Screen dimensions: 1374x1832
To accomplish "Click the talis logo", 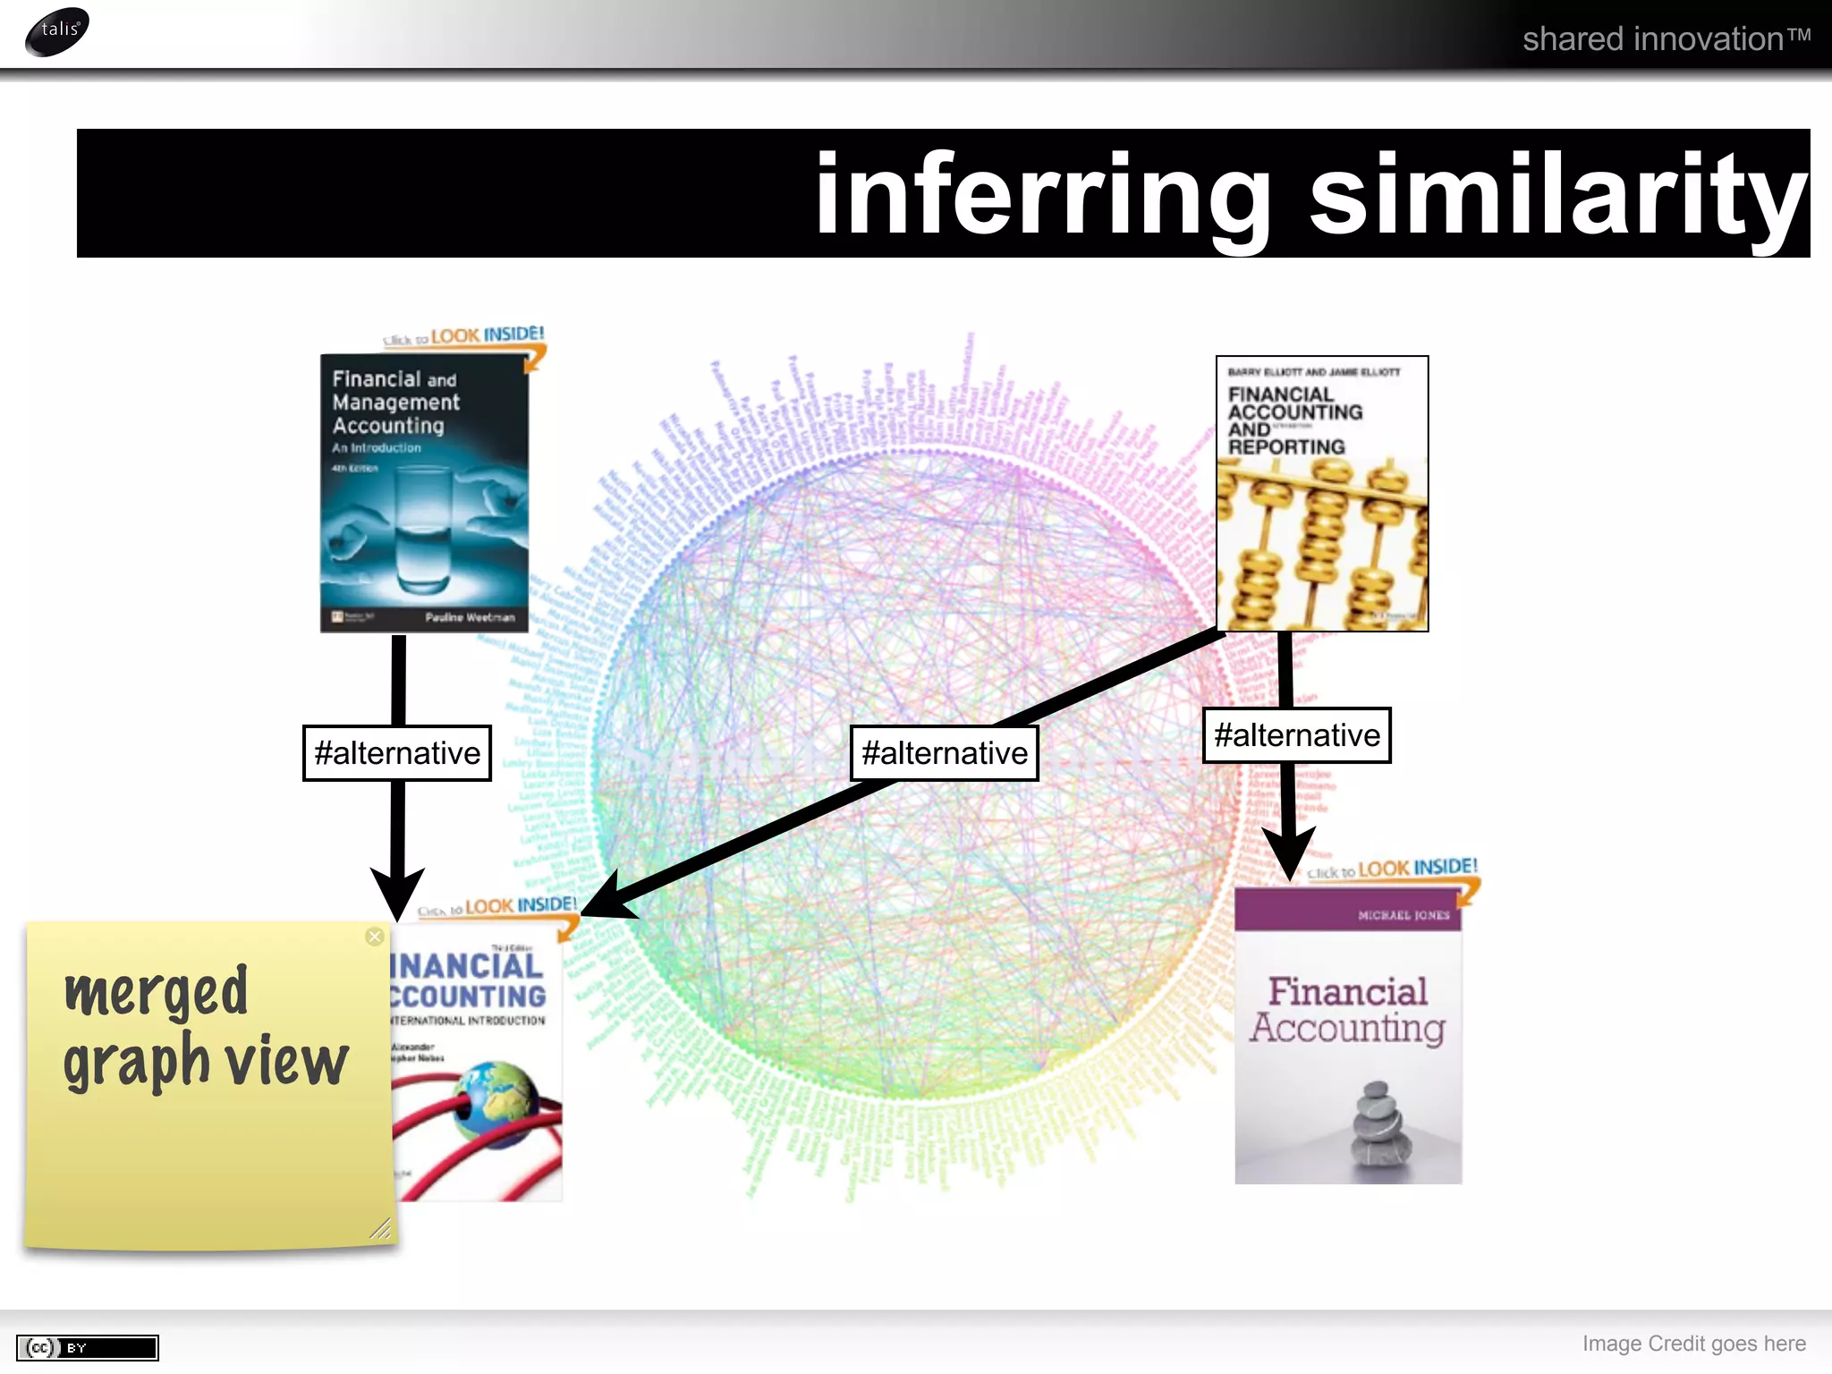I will click(57, 31).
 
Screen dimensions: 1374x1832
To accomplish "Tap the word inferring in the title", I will click(1043, 194).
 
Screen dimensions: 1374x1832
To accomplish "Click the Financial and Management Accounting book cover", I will click(424, 493).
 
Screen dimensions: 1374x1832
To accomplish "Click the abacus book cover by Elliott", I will click(1321, 494).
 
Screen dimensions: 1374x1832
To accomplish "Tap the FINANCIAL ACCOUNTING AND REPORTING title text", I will click(1293, 420).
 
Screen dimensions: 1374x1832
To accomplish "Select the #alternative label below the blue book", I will click(397, 753).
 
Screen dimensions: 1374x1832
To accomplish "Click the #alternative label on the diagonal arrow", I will click(944, 753).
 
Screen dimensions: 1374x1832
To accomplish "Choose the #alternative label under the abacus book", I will click(1296, 735).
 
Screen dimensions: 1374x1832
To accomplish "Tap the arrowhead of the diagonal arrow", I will click(608, 899).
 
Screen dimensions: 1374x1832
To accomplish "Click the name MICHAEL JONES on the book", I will click(1403, 915).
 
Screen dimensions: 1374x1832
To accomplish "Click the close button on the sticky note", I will click(375, 937).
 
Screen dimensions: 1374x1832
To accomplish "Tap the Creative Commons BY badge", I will click(88, 1347).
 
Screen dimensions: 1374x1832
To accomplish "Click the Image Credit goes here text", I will click(1693, 1344).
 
